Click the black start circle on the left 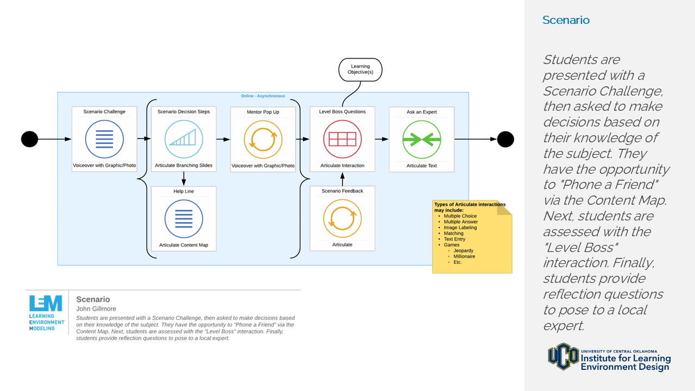click(30, 139)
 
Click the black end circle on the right click(505, 139)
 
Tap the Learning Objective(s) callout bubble click(360, 70)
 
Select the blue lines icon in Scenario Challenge click(104, 139)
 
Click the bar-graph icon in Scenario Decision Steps click(184, 139)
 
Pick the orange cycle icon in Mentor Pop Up click(263, 139)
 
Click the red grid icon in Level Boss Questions click(342, 139)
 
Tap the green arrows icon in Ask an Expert click(421, 139)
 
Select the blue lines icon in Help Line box click(184, 218)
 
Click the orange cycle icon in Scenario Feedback click(342, 218)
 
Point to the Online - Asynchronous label click(263, 96)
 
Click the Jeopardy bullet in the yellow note click(463, 251)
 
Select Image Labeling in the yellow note click(460, 228)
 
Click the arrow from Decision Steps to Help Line click(184, 179)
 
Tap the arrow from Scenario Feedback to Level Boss click(342, 179)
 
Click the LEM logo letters click(46, 303)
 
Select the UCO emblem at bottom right click(563, 356)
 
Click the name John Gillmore click(96, 309)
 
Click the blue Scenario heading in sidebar click(566, 20)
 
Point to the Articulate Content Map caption click(184, 245)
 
